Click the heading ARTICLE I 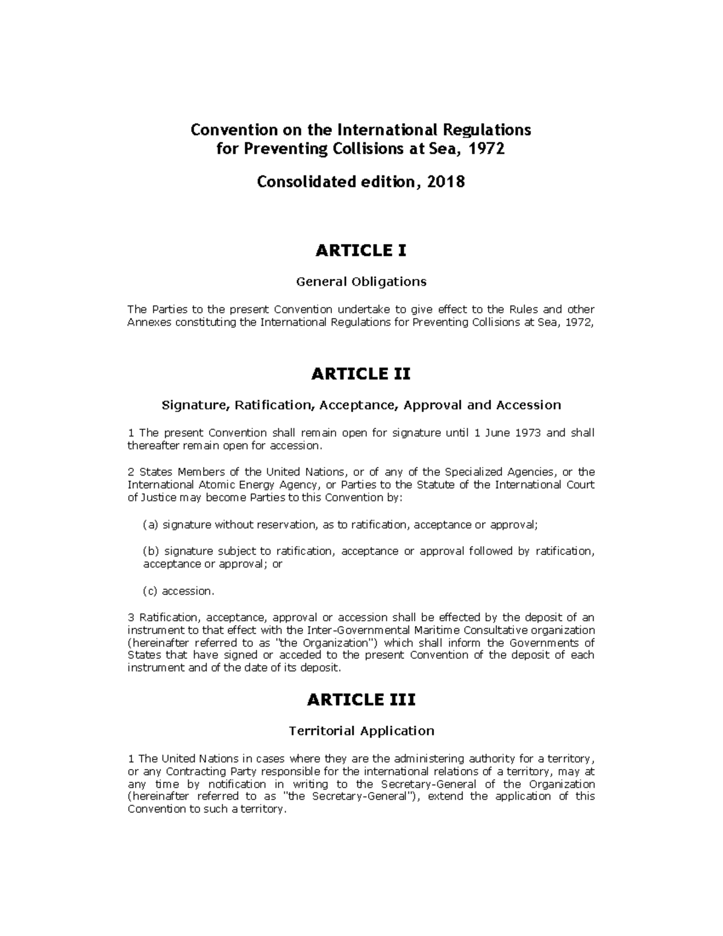pyautogui.click(x=361, y=251)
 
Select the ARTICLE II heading pyautogui.click(x=361, y=374)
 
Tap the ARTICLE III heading pyautogui.click(x=361, y=700)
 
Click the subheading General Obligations pyautogui.click(x=361, y=281)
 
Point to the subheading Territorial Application pyautogui.click(x=361, y=731)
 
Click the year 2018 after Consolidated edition pyautogui.click(x=446, y=181)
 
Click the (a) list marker pyautogui.click(x=150, y=525)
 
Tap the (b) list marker pyautogui.click(x=150, y=551)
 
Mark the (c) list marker pyautogui.click(x=150, y=591)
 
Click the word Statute pyautogui.click(x=435, y=485)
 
